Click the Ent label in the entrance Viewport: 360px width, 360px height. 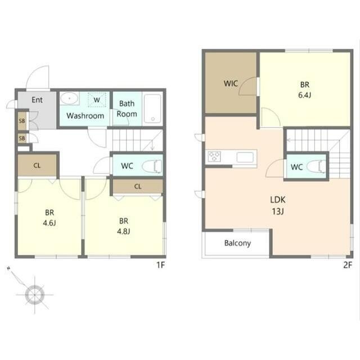37,100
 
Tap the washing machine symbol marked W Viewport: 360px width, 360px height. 97,100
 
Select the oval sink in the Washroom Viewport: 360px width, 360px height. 70,98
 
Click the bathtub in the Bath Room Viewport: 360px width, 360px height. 152,109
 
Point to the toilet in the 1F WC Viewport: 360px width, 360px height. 152,166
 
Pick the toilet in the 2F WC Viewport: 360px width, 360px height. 316,166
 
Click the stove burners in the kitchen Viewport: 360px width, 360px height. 214,156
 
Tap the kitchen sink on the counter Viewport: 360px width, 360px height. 245,157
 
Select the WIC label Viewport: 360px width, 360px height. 231,83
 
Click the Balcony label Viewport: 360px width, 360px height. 237,243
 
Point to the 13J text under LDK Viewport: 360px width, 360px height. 278,211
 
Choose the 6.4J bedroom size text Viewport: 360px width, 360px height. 305,95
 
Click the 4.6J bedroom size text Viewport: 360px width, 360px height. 49,223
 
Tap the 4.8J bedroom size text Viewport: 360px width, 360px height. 124,231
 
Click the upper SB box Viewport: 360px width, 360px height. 22,121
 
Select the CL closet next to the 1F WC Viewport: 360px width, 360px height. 138,186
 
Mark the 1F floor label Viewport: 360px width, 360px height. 161,265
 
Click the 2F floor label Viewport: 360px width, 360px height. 348,265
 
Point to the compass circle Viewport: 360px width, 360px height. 35,295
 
